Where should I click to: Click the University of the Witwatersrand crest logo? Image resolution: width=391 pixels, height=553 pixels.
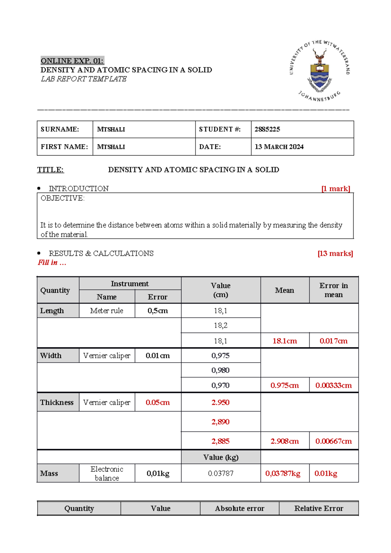320,71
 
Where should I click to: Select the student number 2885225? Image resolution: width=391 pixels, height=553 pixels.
267,129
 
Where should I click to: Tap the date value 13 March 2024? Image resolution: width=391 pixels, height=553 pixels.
279,147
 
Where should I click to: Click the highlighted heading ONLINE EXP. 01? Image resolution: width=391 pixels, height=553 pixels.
72,61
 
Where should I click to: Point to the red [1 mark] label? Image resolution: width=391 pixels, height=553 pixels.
336,189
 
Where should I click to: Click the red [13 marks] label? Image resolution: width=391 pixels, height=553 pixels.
335,254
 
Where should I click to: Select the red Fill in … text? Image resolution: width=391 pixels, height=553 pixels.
52,263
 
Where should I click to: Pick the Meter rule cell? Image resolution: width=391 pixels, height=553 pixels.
107,311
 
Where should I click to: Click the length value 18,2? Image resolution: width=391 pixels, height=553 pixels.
221,325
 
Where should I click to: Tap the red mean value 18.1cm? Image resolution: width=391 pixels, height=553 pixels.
284,341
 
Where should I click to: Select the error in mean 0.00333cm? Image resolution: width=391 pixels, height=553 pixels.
333,385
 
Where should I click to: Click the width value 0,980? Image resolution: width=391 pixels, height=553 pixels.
221,370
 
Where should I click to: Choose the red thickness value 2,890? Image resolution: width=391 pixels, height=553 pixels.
221,422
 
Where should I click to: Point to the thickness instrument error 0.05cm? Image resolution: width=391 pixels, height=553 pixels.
157,403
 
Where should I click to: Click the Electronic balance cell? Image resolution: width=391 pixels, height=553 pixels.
107,473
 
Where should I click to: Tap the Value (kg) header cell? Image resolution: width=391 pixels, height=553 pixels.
221,457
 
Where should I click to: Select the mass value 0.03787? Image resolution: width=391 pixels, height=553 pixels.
221,473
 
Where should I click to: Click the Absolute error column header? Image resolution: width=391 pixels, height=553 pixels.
239,509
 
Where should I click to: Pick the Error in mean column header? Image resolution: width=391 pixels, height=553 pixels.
333,290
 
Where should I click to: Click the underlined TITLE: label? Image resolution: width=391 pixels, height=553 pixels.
51,170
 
